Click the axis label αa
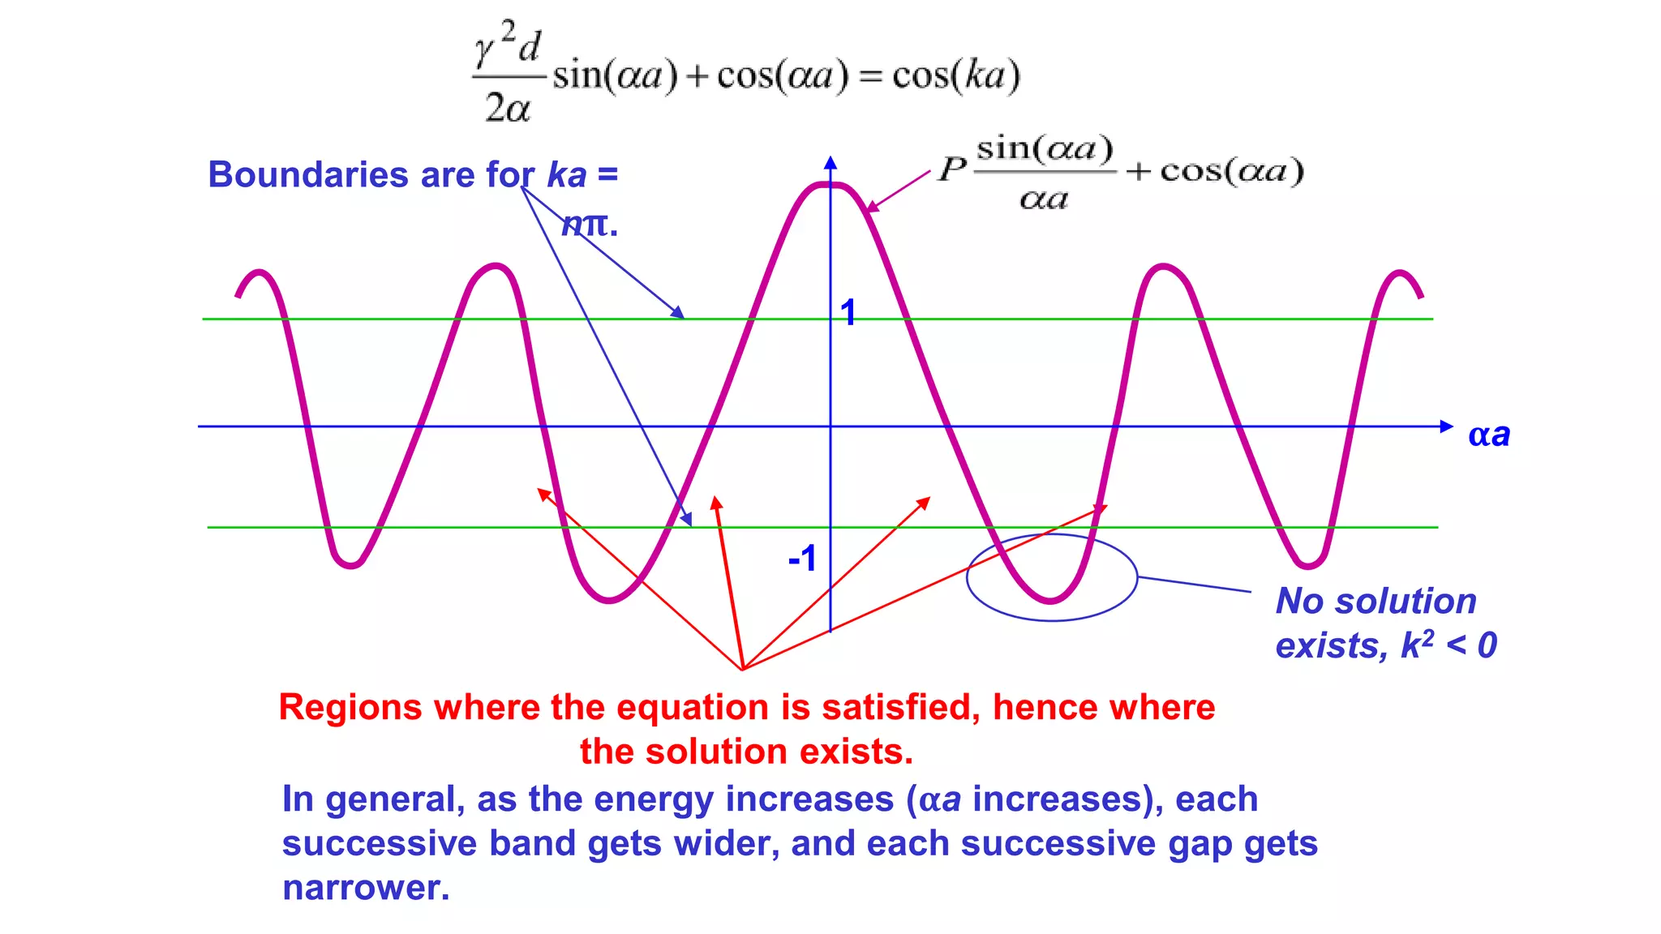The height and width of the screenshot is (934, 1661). pyautogui.click(x=1489, y=435)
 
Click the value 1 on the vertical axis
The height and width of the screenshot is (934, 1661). pyautogui.click(x=848, y=313)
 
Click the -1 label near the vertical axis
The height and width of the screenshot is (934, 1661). pyautogui.click(x=802, y=559)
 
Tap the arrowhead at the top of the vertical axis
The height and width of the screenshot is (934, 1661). pyautogui.click(x=830, y=162)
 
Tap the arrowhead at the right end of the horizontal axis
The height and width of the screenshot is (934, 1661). pyautogui.click(x=1446, y=426)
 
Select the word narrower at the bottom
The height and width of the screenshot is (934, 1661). pyautogui.click(x=365, y=888)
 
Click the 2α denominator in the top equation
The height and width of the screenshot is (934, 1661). pyautogui.click(x=508, y=108)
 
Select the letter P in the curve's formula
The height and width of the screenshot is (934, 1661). pyautogui.click(x=952, y=169)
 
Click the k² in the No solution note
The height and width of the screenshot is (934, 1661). pyautogui.click(x=1417, y=645)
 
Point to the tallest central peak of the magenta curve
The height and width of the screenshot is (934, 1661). pyautogui.click(x=830, y=186)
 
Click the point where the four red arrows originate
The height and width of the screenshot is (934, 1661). pyautogui.click(x=742, y=669)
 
